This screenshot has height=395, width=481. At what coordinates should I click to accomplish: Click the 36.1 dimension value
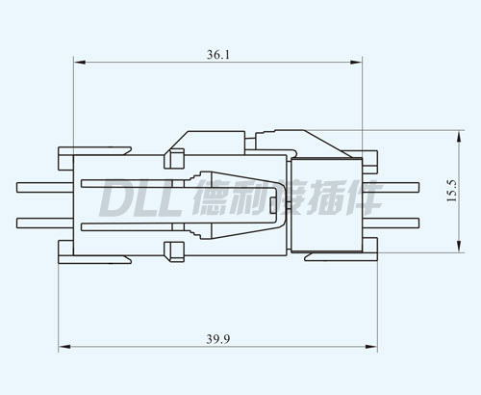pyautogui.click(x=218, y=55)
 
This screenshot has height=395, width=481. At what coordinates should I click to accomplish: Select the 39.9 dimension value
pyautogui.click(x=218, y=339)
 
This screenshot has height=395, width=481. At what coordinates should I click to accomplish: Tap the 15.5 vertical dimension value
pyautogui.click(x=451, y=191)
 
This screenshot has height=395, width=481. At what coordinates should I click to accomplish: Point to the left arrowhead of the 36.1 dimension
pyautogui.click(x=80, y=63)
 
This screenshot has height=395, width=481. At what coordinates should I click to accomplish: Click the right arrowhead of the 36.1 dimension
pyautogui.click(x=356, y=63)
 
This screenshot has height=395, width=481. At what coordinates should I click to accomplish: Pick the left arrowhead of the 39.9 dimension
pyautogui.click(x=64, y=347)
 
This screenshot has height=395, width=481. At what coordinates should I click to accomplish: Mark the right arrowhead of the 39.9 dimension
pyautogui.click(x=371, y=347)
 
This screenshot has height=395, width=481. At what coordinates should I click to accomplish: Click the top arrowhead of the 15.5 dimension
pyautogui.click(x=459, y=137)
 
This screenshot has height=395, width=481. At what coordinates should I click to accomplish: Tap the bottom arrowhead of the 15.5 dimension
pyautogui.click(x=459, y=246)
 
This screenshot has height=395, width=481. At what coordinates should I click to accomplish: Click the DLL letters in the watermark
pyautogui.click(x=140, y=198)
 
